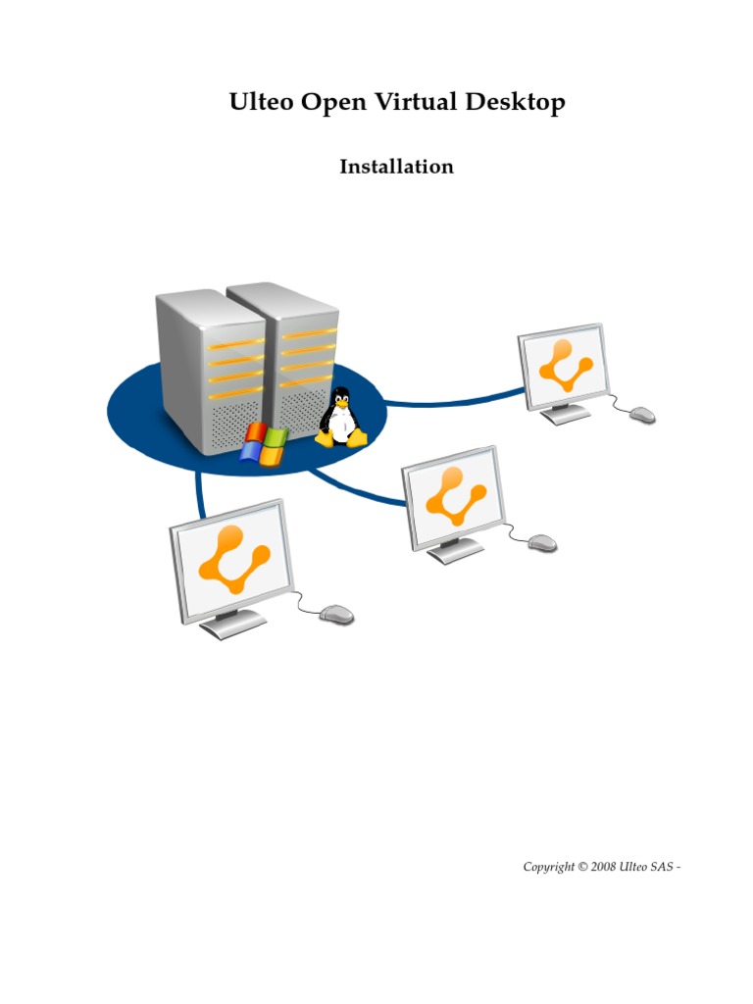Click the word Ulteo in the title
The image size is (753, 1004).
(260, 102)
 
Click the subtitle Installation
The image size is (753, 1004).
(396, 167)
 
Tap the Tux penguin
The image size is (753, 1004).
(340, 418)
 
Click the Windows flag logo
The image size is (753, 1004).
(265, 444)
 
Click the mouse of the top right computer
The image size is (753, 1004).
(642, 416)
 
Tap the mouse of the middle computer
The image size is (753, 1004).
(542, 542)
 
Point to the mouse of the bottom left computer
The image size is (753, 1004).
(337, 615)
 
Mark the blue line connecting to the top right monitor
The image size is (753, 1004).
(451, 399)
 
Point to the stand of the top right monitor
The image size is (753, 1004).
(566, 413)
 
